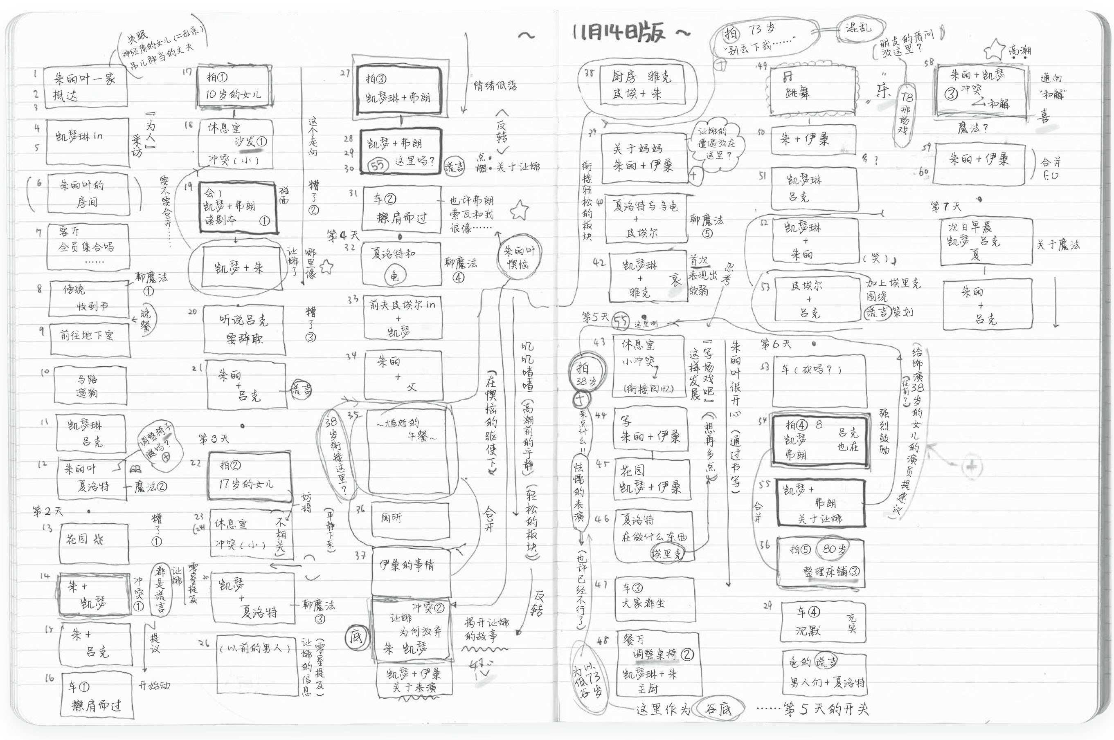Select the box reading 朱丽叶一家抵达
click(x=86, y=87)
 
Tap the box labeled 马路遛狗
click(x=90, y=386)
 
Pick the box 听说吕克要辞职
click(x=244, y=330)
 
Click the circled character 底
click(x=355, y=637)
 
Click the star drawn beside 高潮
click(x=996, y=49)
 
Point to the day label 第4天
click(x=343, y=235)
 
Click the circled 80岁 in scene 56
click(x=834, y=549)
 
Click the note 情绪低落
click(x=495, y=85)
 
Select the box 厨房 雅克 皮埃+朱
click(x=640, y=85)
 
